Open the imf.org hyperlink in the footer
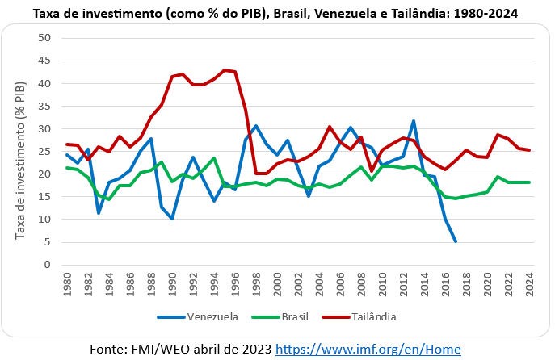(368, 349)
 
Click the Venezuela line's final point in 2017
(456, 241)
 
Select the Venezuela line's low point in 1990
(172, 219)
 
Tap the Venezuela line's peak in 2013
(413, 121)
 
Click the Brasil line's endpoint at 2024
(528, 182)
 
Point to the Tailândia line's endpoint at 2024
(528, 150)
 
